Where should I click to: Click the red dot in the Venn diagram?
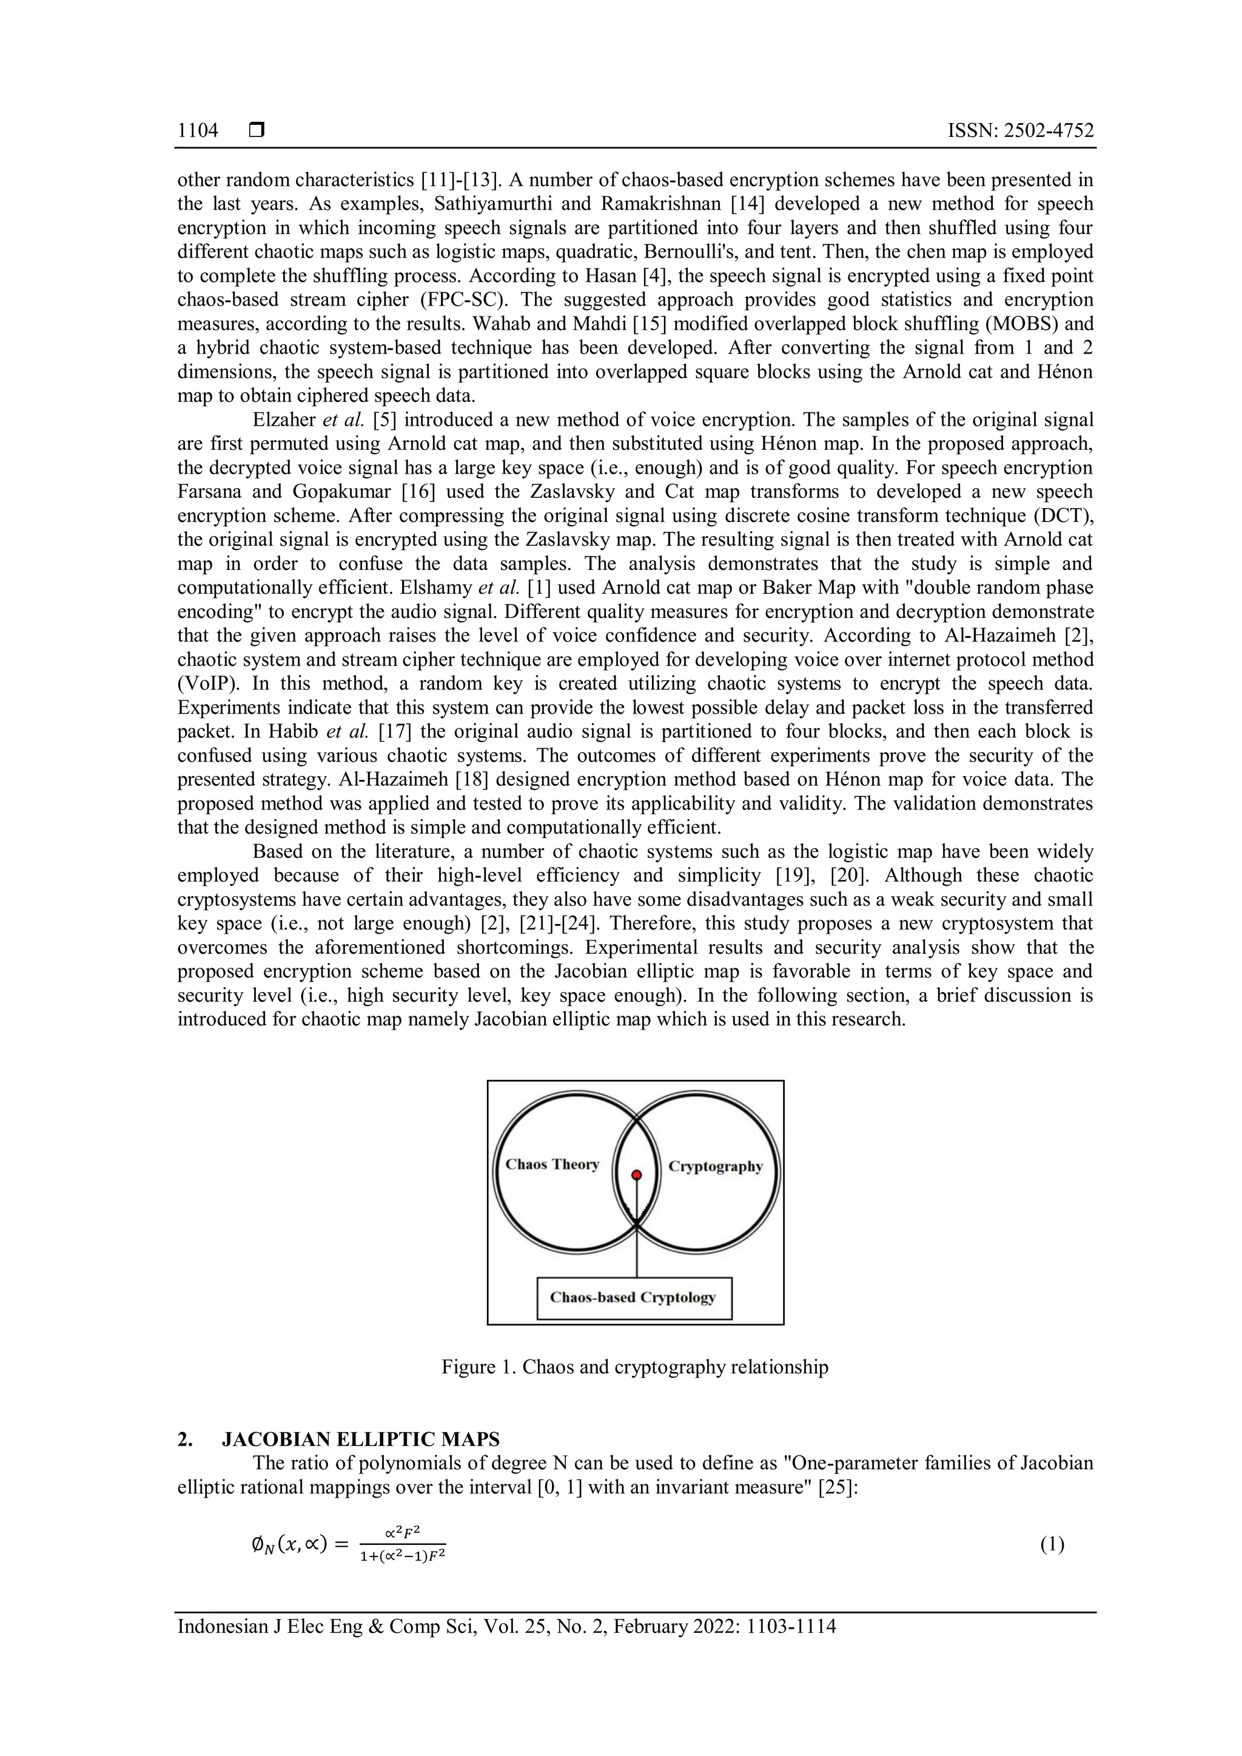(636, 1176)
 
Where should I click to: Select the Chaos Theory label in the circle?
(552, 1165)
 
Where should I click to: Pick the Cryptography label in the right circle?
(715, 1167)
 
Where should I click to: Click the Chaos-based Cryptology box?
(634, 1298)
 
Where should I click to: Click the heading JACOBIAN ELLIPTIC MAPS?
(360, 1439)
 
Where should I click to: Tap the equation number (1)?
(1052, 1544)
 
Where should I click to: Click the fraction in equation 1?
(402, 1544)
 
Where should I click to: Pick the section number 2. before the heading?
(185, 1439)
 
